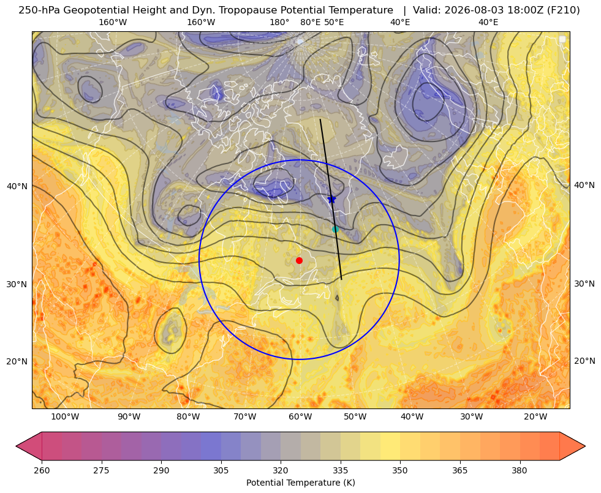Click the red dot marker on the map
click(300, 260)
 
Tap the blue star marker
click(332, 199)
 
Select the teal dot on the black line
click(335, 229)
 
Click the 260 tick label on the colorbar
click(42, 470)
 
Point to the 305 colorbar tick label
click(221, 470)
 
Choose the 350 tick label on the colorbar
click(400, 470)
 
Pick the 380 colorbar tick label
click(520, 470)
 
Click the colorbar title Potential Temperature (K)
click(300, 483)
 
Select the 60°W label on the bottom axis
click(300, 417)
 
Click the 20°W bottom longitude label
click(535, 417)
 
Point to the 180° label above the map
click(279, 22)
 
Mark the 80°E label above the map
click(311, 22)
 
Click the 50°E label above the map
click(334, 22)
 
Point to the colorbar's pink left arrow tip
click(16, 446)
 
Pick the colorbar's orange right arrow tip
click(585, 446)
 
